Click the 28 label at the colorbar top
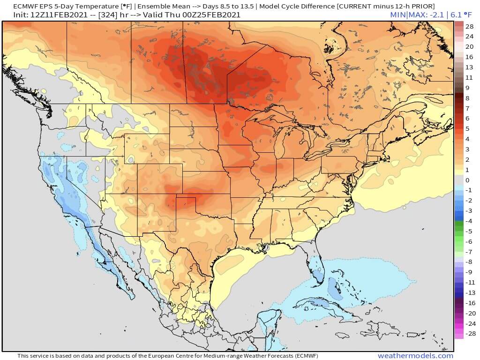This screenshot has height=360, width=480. point(469,26)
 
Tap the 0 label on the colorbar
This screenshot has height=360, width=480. point(467,180)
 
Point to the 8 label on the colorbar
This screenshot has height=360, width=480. point(467,98)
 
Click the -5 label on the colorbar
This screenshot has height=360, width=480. point(469,232)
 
